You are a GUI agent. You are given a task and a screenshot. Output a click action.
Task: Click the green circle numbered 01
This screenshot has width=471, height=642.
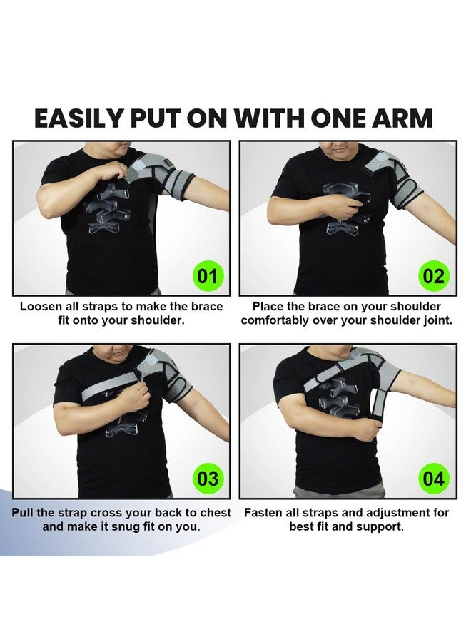pyautogui.click(x=207, y=276)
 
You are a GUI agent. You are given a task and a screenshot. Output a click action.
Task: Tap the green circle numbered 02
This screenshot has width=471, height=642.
pyautogui.click(x=434, y=276)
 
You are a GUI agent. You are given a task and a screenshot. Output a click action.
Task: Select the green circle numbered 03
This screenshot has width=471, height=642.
pyautogui.click(x=207, y=478)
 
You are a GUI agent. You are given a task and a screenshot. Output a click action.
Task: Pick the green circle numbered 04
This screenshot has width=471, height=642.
pyautogui.click(x=434, y=478)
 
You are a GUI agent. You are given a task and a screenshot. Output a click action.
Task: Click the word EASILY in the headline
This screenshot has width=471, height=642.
pyautogui.click(x=78, y=118)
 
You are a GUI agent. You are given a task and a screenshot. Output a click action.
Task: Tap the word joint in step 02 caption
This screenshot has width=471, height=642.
pyautogui.click(x=438, y=320)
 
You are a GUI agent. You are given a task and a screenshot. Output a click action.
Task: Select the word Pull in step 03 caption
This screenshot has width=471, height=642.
pyautogui.click(x=23, y=513)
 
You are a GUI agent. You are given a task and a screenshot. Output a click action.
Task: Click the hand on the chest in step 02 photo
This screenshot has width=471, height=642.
pyautogui.click(x=348, y=210)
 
